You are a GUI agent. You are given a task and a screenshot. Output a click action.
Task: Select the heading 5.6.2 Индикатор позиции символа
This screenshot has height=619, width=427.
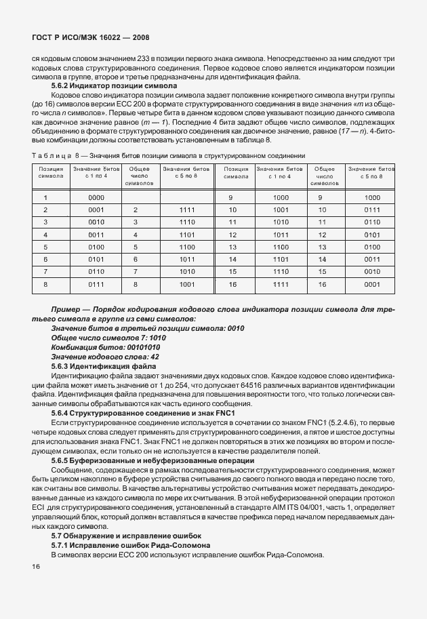click(x=114, y=86)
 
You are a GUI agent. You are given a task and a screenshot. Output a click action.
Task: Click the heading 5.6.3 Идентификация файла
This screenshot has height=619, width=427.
click(x=104, y=366)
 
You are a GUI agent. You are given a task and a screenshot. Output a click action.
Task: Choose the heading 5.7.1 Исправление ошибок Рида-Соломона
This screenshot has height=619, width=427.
click(x=130, y=546)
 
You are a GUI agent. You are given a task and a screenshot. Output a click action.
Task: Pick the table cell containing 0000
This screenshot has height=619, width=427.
click(x=96, y=198)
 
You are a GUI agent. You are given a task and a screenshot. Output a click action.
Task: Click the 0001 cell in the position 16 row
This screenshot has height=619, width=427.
click(x=372, y=285)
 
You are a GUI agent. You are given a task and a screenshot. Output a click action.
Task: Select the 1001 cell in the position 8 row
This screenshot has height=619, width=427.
click(x=187, y=285)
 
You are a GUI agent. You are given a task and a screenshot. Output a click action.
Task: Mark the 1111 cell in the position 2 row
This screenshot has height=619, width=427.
click(x=187, y=210)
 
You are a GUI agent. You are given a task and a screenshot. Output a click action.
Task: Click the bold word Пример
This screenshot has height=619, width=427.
click(x=66, y=309)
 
